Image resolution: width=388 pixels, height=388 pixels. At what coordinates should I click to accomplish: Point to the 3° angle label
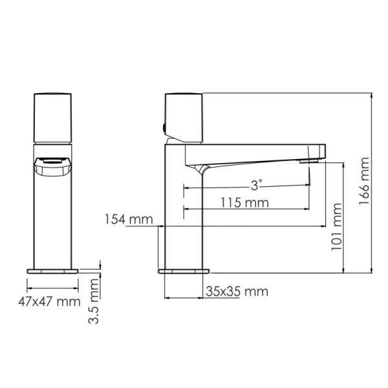click(x=257, y=185)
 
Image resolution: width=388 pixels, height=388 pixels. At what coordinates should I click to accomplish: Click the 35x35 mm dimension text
click(x=237, y=292)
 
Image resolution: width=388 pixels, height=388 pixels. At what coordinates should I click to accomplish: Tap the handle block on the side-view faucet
click(x=186, y=116)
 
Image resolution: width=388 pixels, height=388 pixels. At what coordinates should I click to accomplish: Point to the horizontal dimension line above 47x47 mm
click(x=52, y=288)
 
